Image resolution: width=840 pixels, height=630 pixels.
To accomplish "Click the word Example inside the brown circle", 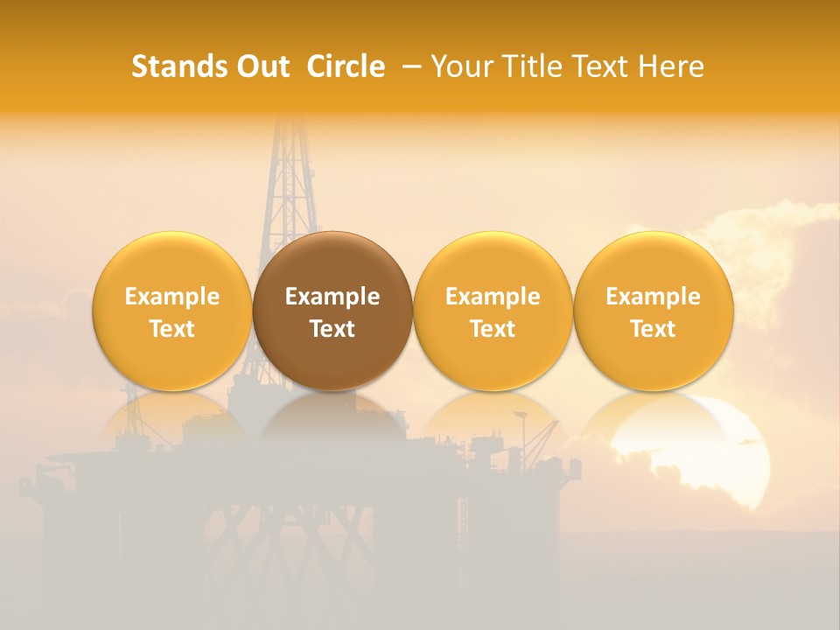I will tap(332, 297).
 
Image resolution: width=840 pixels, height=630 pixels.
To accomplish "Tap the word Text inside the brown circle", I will tap(332, 329).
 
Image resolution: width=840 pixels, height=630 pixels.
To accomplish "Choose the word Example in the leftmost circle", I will tap(172, 297).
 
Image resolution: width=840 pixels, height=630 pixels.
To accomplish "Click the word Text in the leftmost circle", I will tap(172, 329).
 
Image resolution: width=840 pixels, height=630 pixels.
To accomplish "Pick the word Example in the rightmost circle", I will tap(654, 297).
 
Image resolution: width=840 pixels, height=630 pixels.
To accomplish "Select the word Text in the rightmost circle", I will tap(654, 329).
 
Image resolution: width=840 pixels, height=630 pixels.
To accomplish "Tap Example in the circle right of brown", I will tap(493, 297).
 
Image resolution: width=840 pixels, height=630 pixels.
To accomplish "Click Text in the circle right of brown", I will tap(493, 329).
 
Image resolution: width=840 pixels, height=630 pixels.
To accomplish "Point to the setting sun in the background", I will tap(717, 455).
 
